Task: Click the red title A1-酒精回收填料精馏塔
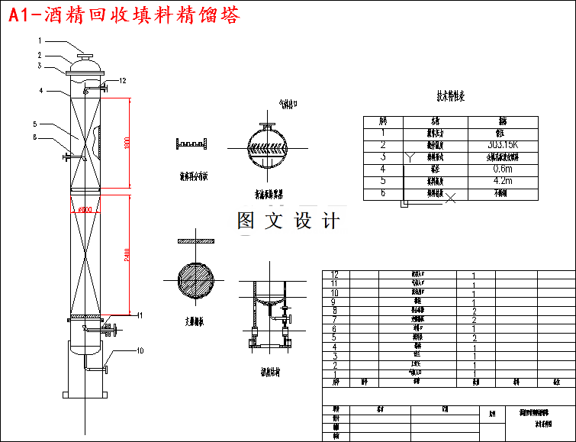click(x=123, y=15)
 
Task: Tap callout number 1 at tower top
click(x=39, y=40)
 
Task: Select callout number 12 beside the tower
click(x=122, y=80)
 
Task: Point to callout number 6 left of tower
click(x=34, y=137)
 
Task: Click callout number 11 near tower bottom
click(x=138, y=315)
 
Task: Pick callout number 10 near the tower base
click(x=140, y=351)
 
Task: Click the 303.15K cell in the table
click(x=502, y=144)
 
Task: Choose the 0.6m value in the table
click(x=502, y=169)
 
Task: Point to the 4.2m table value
click(x=502, y=181)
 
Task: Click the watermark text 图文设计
click(x=288, y=221)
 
